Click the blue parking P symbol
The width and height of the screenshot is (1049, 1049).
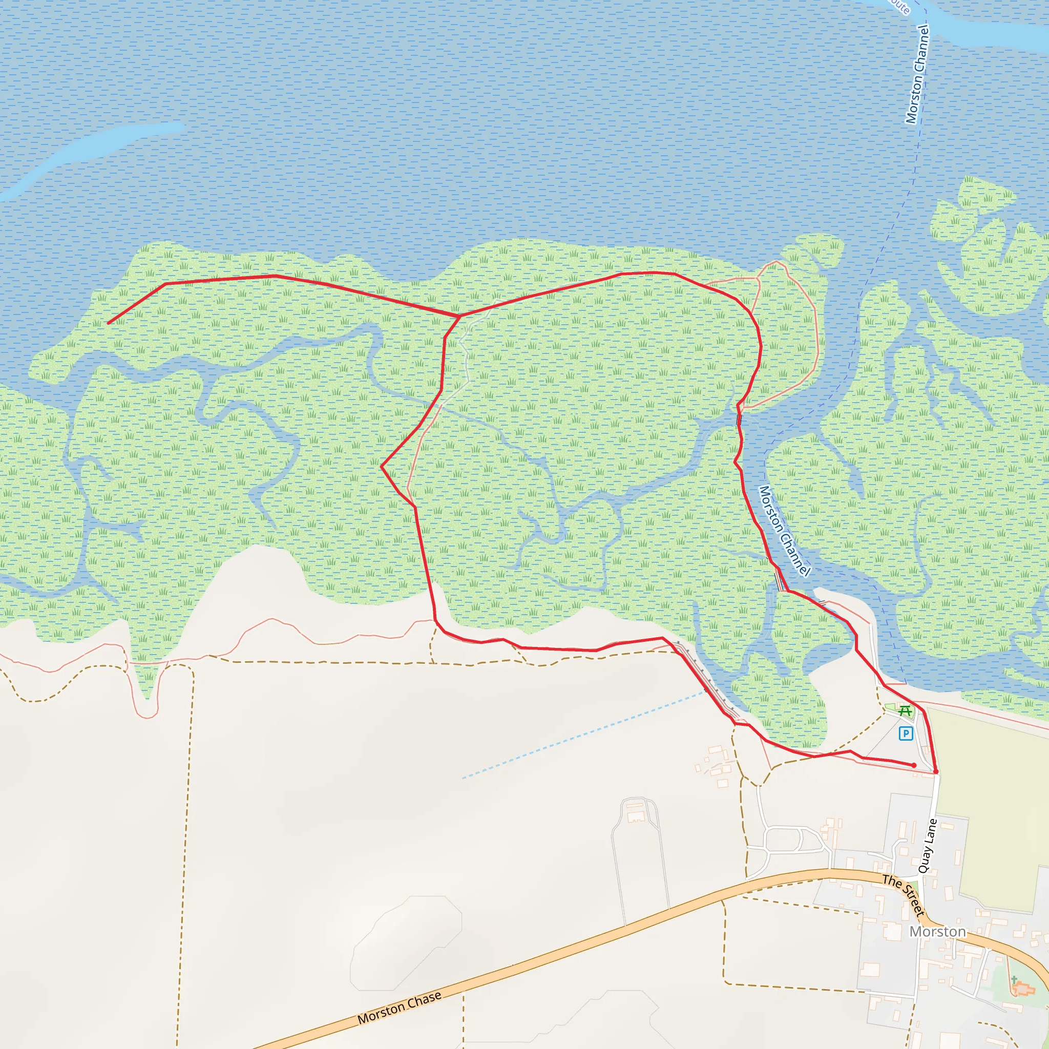(905, 733)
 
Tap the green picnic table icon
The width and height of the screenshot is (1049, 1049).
(904, 710)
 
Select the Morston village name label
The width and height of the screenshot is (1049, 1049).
(938, 932)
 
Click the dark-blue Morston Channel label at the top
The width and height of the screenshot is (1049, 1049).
(917, 74)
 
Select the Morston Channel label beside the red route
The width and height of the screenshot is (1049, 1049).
(785, 531)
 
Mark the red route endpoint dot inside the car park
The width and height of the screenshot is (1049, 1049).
(914, 765)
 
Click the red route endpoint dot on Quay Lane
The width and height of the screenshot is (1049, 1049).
(935, 771)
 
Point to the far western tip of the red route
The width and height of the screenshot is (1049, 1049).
(109, 324)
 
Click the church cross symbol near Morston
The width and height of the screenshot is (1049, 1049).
(1014, 978)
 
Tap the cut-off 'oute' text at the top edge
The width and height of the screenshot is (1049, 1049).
(899, 7)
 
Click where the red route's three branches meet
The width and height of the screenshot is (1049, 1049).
(459, 316)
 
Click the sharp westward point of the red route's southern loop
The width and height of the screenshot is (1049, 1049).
(382, 466)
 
